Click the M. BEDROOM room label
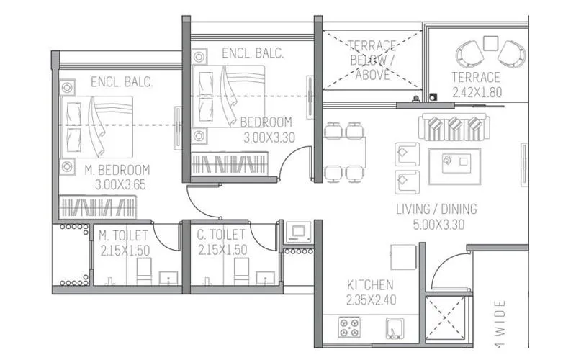click(x=117, y=170)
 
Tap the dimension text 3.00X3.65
click(x=120, y=184)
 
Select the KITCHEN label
click(x=369, y=284)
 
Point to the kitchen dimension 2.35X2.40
click(x=369, y=300)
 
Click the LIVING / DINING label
click(x=436, y=210)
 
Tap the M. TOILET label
click(x=123, y=235)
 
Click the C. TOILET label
click(x=221, y=235)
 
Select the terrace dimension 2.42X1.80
click(x=476, y=92)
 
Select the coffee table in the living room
click(x=454, y=161)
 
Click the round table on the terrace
click(x=490, y=42)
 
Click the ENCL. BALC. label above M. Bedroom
click(x=121, y=83)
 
